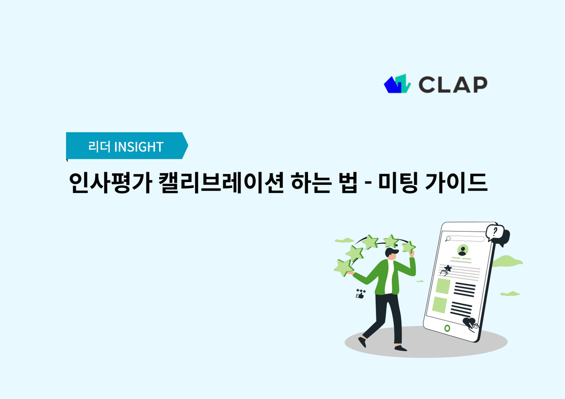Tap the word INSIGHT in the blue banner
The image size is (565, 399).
pos(138,147)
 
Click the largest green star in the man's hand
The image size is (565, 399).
pos(344,267)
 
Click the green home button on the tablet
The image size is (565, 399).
pos(447,328)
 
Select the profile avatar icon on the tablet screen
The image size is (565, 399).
pos(463,250)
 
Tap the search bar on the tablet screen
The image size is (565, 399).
pos(465,239)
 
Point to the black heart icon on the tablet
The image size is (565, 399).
pos(470,323)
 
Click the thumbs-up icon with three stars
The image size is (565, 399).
pos(361,293)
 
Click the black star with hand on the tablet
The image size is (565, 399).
pos(445,269)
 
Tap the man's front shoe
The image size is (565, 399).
pos(401,348)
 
